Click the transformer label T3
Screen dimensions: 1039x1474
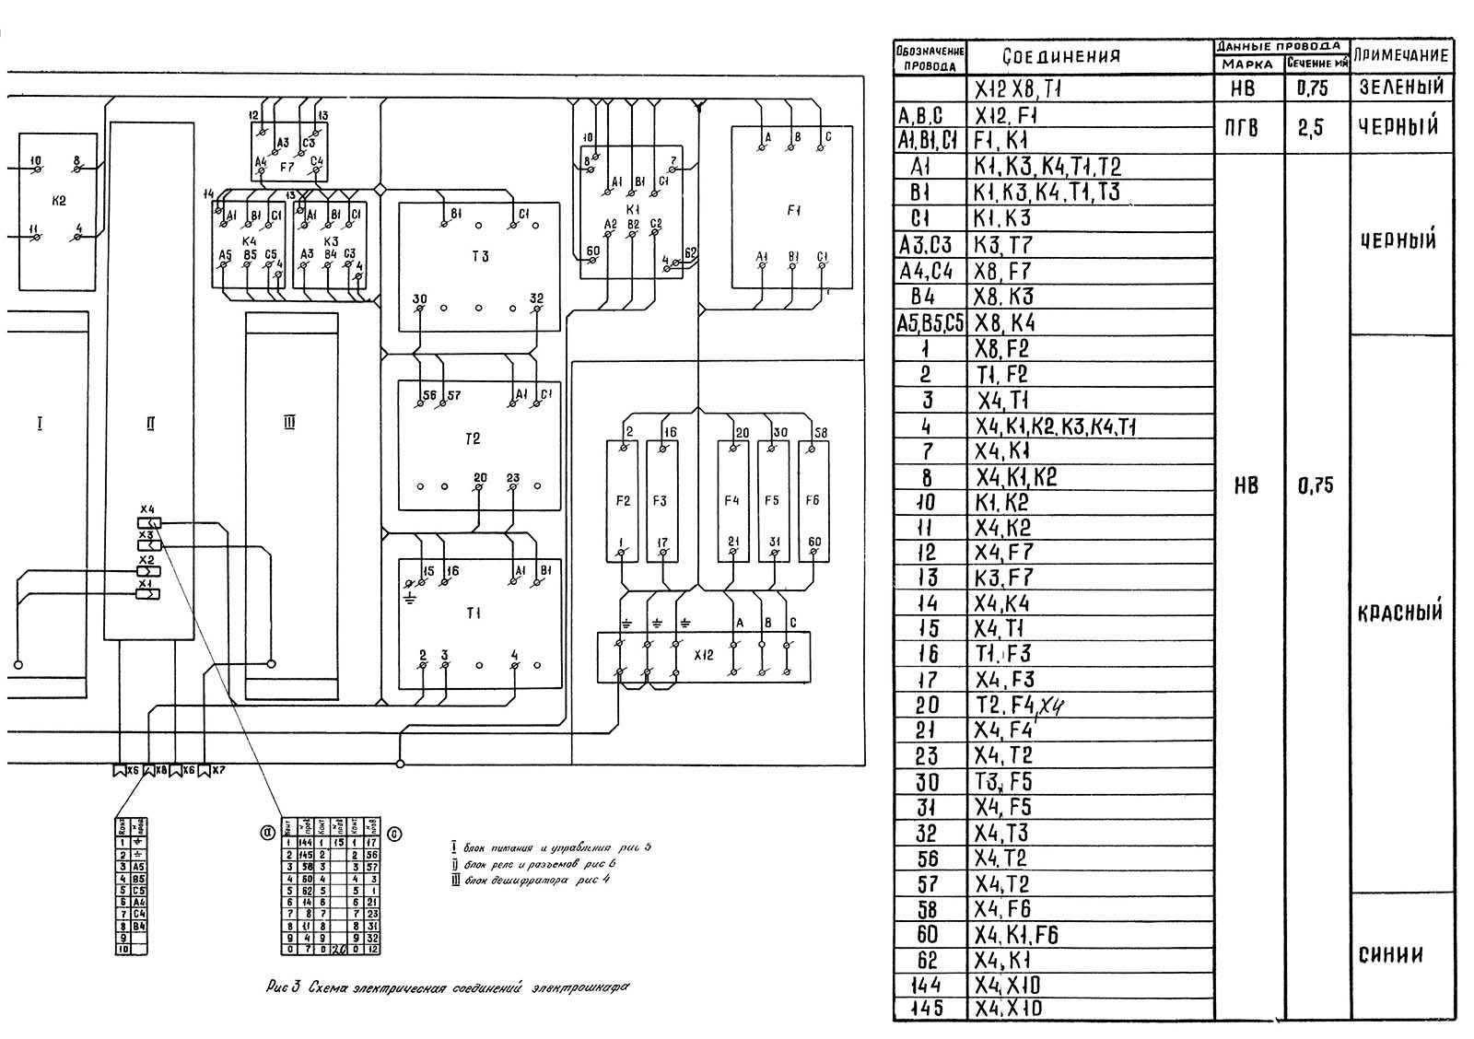click(x=479, y=257)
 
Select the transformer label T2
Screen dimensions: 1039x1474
click(x=473, y=439)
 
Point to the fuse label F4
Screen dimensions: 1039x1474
click(x=731, y=500)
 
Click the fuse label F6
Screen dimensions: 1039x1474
click(x=812, y=500)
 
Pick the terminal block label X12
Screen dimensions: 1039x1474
click(x=704, y=656)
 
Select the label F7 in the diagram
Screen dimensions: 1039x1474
click(x=287, y=168)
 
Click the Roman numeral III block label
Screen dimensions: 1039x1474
click(x=289, y=424)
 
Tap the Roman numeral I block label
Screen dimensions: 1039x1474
click(x=40, y=424)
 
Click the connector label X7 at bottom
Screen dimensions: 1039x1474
click(x=218, y=770)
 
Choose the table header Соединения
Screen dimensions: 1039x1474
click(x=1061, y=56)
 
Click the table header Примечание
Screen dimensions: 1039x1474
click(x=1400, y=55)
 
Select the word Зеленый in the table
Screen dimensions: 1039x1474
click(x=1400, y=88)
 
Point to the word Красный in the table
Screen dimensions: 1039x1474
click(x=1400, y=613)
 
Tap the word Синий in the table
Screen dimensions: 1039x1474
click(x=1391, y=955)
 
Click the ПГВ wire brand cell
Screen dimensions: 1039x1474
click(x=1242, y=128)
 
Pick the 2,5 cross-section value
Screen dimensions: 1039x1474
click(x=1311, y=128)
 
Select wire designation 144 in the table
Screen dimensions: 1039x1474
click(x=927, y=985)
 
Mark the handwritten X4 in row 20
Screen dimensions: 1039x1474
click(x=1052, y=706)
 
